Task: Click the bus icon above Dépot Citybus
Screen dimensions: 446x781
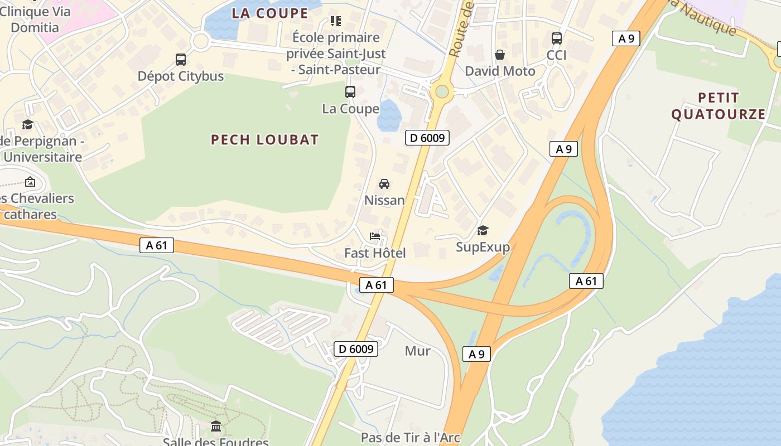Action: point(180,59)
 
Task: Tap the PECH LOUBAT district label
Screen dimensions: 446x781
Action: point(264,139)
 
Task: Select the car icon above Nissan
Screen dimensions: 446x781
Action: point(384,183)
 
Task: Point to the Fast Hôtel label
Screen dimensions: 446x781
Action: point(375,253)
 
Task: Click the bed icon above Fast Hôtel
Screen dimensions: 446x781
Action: point(375,236)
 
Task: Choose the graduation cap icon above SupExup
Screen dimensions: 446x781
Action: point(483,230)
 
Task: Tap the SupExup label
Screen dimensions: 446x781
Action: point(483,246)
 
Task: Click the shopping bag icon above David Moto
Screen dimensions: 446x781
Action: point(500,55)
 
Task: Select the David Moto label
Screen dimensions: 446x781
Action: point(500,71)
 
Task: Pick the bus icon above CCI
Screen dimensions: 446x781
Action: point(556,38)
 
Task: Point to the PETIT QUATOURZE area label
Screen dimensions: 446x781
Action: point(718,106)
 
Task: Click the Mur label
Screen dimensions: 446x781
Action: point(417,351)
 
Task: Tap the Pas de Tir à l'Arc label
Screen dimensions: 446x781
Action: point(410,438)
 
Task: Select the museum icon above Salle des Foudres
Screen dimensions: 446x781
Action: point(216,426)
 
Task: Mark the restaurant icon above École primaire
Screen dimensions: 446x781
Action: point(335,21)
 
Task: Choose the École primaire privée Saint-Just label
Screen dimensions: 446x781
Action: point(336,54)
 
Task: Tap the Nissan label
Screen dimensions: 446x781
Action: point(384,200)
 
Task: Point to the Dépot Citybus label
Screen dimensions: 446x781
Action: point(180,76)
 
